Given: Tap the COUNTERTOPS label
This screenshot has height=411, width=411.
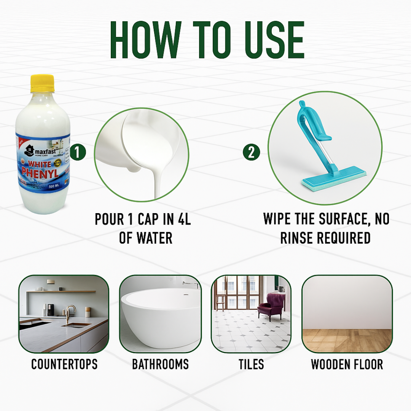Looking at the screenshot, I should point(64,364).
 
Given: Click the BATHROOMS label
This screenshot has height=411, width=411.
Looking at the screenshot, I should point(160,364).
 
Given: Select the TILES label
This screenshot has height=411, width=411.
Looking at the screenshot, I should point(251,364).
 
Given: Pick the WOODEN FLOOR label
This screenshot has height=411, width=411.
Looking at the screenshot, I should point(347,364).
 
